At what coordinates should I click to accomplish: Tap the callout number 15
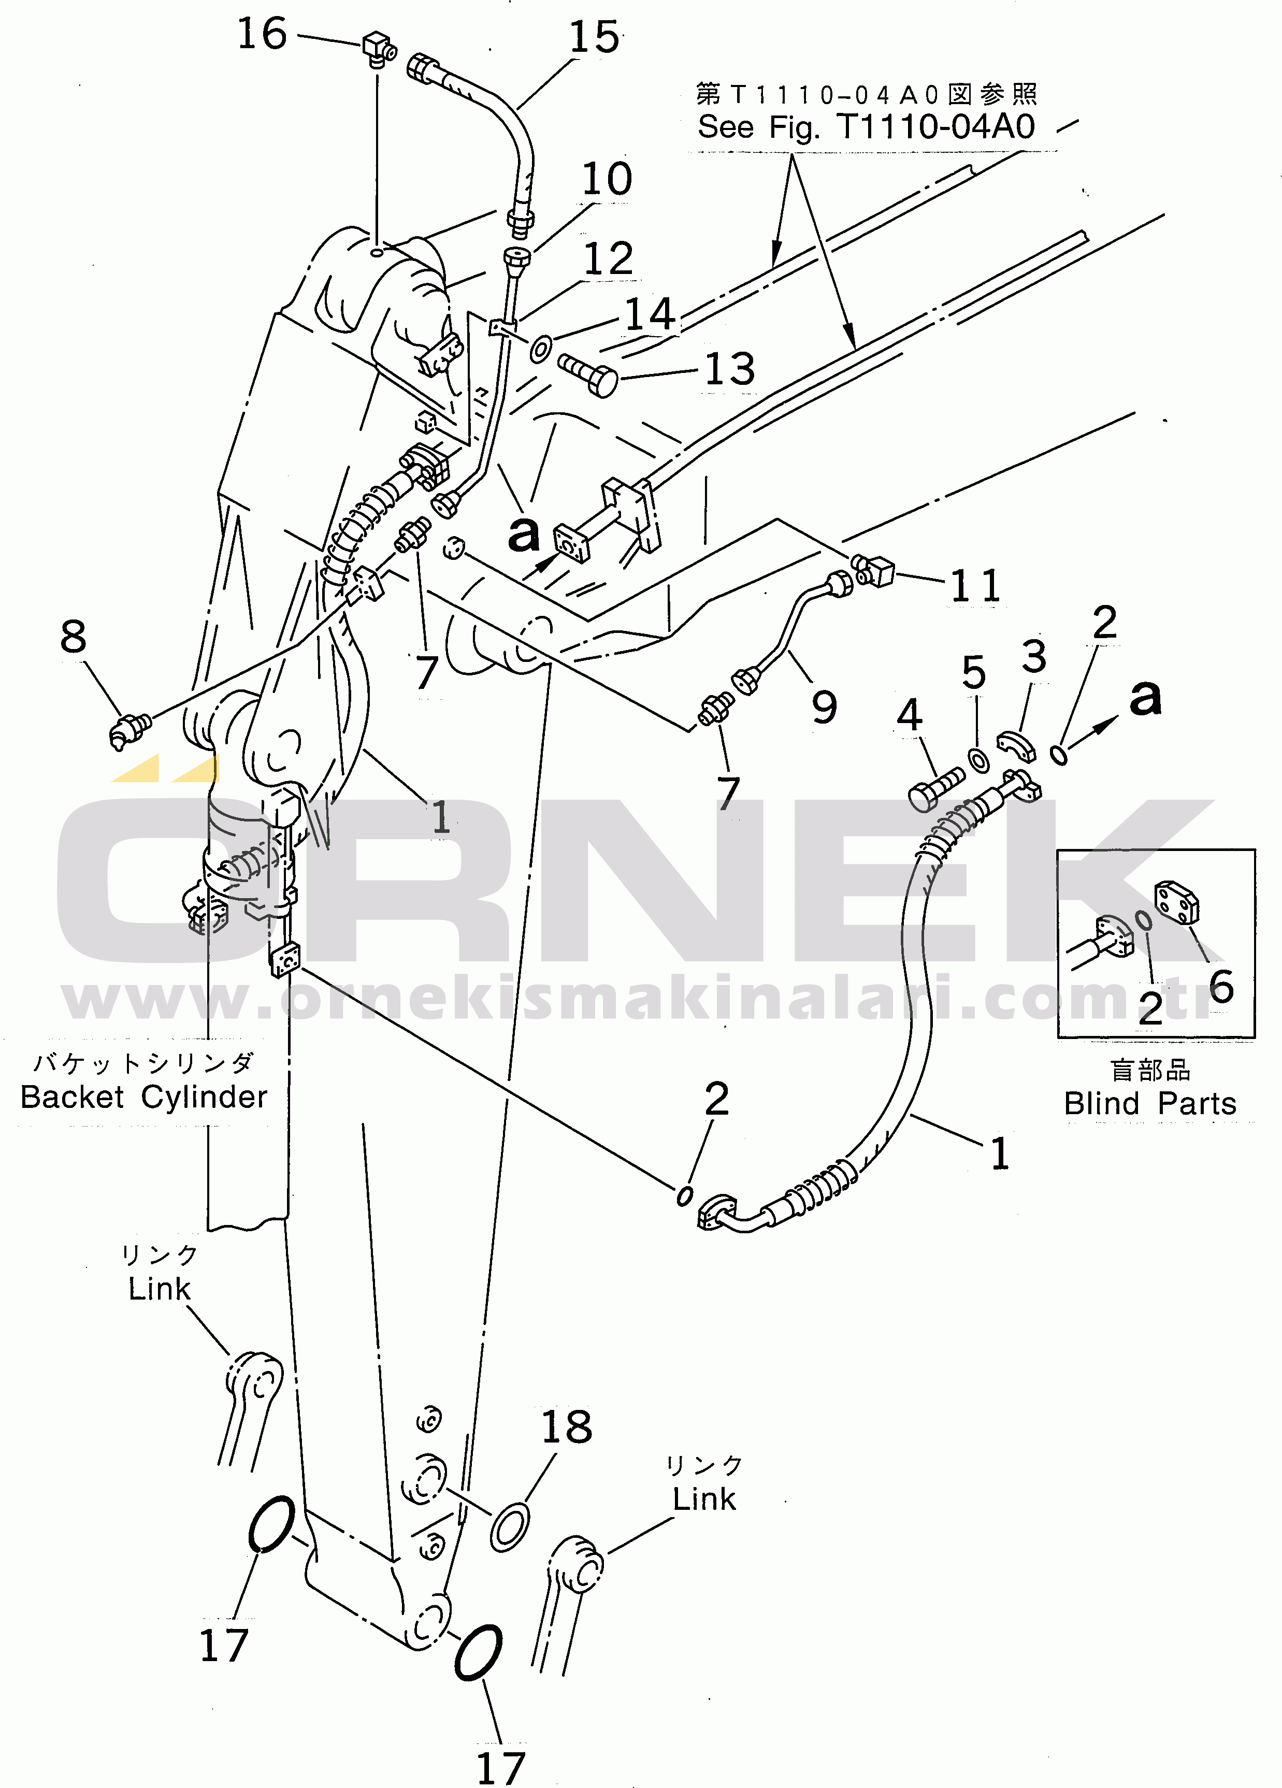tap(595, 38)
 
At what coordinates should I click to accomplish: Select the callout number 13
tap(729, 369)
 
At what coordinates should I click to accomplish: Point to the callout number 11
tap(975, 586)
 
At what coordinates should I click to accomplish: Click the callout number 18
tap(566, 1427)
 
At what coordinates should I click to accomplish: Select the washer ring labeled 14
tap(540, 348)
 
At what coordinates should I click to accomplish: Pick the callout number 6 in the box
tap(1220, 986)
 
